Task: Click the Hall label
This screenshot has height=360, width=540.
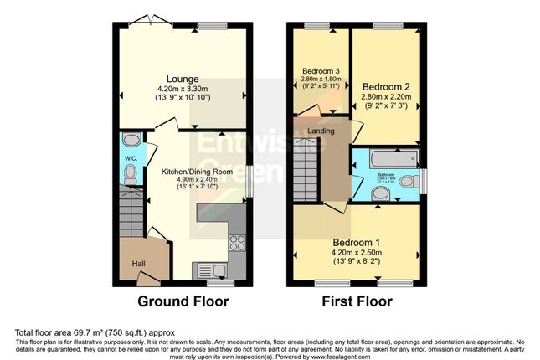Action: (x=138, y=265)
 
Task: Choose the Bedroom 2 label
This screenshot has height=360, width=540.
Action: (x=385, y=86)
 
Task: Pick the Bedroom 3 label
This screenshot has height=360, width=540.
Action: (x=320, y=70)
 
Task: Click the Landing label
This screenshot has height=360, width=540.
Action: (x=321, y=131)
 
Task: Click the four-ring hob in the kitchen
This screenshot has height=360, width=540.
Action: (x=237, y=244)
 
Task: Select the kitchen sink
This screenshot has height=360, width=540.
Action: (x=208, y=269)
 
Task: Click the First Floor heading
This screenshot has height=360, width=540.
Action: (x=356, y=302)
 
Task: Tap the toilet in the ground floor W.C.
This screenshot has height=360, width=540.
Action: (x=130, y=174)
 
